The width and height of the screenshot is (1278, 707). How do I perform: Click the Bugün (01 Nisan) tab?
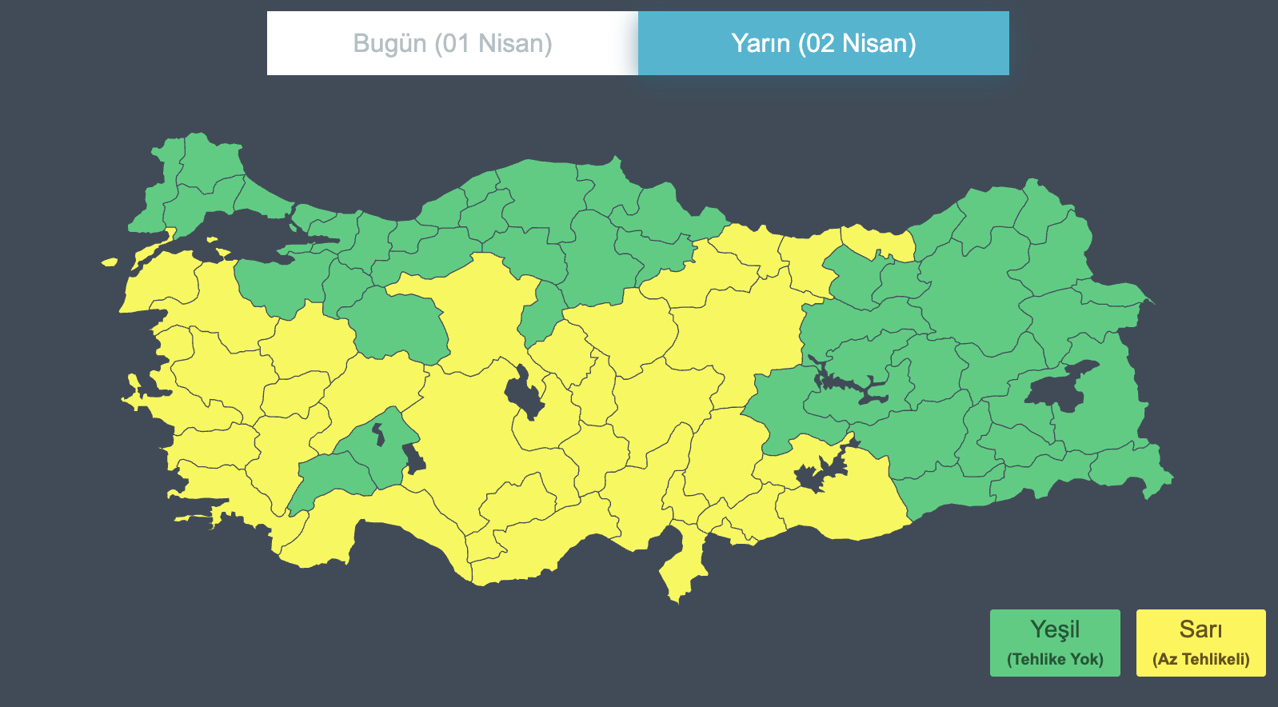(x=453, y=43)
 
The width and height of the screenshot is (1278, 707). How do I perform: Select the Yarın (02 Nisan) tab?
(x=823, y=43)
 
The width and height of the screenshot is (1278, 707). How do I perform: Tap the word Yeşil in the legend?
(x=1055, y=629)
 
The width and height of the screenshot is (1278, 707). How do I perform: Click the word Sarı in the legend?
(x=1200, y=629)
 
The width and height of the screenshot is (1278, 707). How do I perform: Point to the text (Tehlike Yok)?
(x=1055, y=659)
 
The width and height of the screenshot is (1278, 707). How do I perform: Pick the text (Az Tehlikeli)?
(x=1200, y=659)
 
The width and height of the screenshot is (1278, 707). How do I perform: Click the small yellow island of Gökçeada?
(x=110, y=262)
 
